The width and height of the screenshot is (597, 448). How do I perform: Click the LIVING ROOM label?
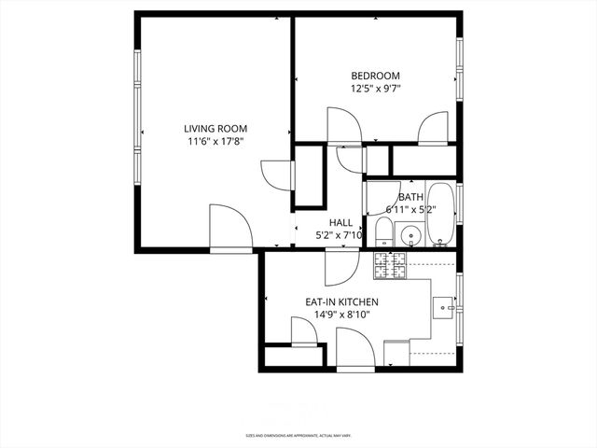coord(215,129)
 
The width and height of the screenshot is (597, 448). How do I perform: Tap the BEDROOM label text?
coord(375,76)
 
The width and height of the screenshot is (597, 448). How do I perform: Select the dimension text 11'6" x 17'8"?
coord(215,142)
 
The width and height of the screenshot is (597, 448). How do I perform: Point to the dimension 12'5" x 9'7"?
coord(375,89)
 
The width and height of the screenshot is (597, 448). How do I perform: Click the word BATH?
coord(410,197)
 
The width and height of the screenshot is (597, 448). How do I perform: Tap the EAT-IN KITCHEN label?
coord(341,302)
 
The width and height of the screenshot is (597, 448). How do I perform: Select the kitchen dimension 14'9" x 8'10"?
coord(341,315)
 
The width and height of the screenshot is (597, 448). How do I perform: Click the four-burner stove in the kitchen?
coord(390,266)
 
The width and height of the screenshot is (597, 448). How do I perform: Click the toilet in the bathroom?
coord(384,231)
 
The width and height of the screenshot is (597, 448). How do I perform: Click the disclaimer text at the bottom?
coord(298,435)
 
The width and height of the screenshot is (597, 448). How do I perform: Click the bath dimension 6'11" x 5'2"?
coord(410,210)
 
